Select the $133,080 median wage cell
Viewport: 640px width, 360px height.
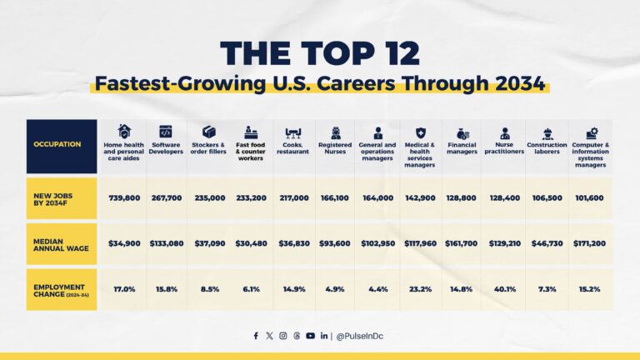[165, 243]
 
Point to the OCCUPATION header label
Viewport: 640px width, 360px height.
[57, 144]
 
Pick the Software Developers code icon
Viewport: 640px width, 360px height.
[165, 132]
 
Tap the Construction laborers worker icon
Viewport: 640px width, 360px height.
[547, 132]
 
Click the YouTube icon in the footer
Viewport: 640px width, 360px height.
[310, 336]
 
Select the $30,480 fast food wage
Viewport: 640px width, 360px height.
[250, 243]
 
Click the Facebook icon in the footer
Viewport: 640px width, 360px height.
[257, 336]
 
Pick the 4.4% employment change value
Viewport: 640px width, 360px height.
[377, 288]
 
